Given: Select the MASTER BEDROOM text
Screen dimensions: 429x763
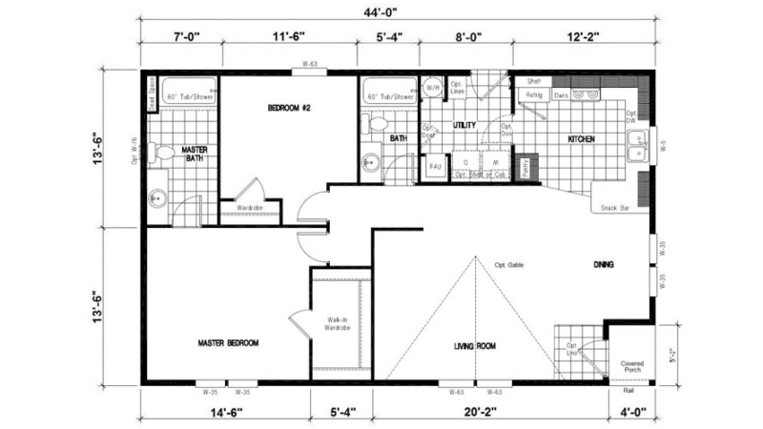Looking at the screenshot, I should [228, 342].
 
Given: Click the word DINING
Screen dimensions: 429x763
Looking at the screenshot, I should [603, 264].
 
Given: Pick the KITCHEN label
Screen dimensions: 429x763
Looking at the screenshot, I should [582, 139].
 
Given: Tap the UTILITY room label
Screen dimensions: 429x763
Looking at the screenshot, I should [464, 126].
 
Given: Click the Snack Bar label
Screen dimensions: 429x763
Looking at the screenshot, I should [613, 207].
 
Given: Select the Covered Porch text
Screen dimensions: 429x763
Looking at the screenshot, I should [632, 367].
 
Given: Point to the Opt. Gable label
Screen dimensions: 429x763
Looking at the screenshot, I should [511, 264].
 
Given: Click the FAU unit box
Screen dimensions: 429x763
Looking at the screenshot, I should [435, 166].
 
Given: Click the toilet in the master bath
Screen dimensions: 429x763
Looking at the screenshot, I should [162, 152].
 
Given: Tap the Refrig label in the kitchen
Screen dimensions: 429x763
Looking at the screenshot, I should [533, 95].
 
